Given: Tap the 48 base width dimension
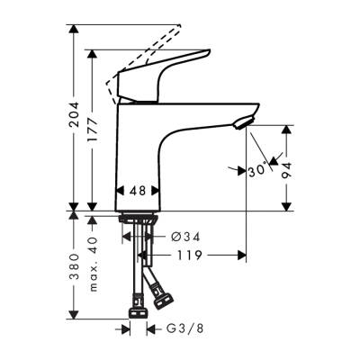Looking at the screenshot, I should (x=139, y=191).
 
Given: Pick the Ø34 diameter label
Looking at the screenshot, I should (x=184, y=237).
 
